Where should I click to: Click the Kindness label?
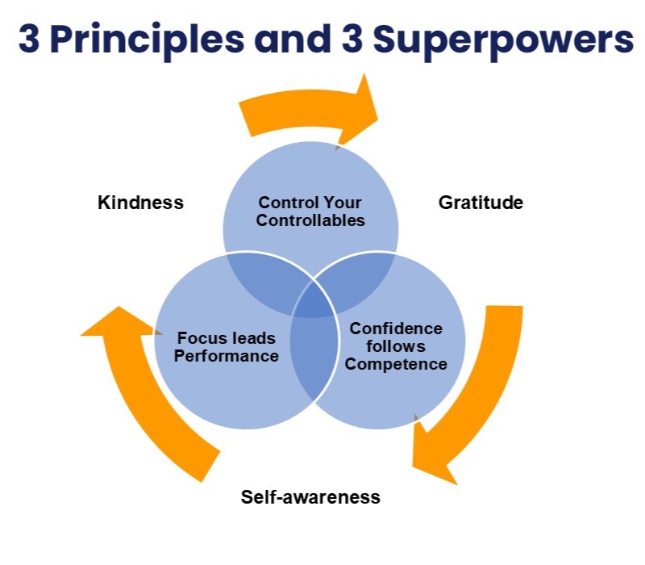(140, 202)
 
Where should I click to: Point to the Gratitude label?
(481, 202)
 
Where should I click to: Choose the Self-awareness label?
(310, 496)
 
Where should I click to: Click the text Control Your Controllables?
(310, 211)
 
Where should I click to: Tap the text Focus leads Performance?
(227, 346)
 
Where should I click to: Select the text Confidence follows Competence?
(396, 346)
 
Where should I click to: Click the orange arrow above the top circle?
(310, 113)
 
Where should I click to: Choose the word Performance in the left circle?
(227, 355)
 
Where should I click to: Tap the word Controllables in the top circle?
(310, 220)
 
